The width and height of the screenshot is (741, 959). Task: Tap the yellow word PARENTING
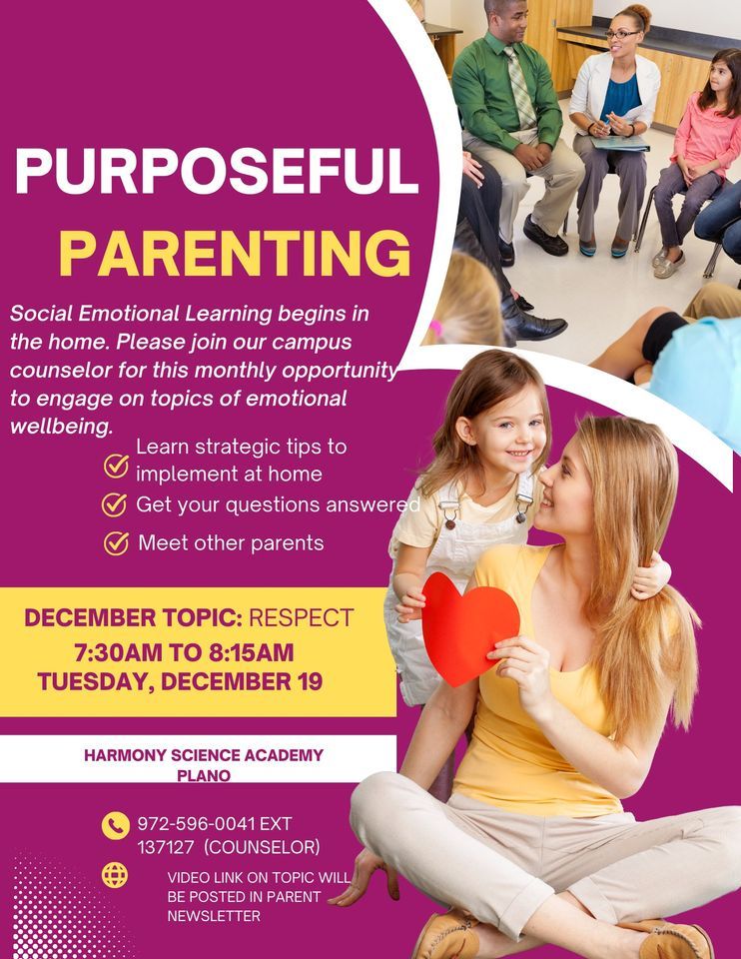[x=235, y=254]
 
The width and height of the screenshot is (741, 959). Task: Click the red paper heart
[x=470, y=626]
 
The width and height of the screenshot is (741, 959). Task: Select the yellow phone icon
[x=116, y=825]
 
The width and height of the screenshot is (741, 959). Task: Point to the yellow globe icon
[x=115, y=875]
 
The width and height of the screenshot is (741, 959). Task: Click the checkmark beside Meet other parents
[x=117, y=543]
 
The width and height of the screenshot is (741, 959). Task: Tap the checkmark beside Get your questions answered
[x=115, y=504]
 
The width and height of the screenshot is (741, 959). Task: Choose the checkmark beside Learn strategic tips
[x=117, y=465]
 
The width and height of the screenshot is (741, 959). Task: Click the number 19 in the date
[x=308, y=682]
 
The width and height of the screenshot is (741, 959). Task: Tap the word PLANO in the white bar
[x=204, y=775]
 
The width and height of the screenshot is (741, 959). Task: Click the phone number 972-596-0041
[x=197, y=824]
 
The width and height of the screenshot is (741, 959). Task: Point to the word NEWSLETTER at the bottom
[x=214, y=915]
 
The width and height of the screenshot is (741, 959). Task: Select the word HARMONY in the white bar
[x=124, y=755]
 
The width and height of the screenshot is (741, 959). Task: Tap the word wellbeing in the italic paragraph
[x=60, y=427]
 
